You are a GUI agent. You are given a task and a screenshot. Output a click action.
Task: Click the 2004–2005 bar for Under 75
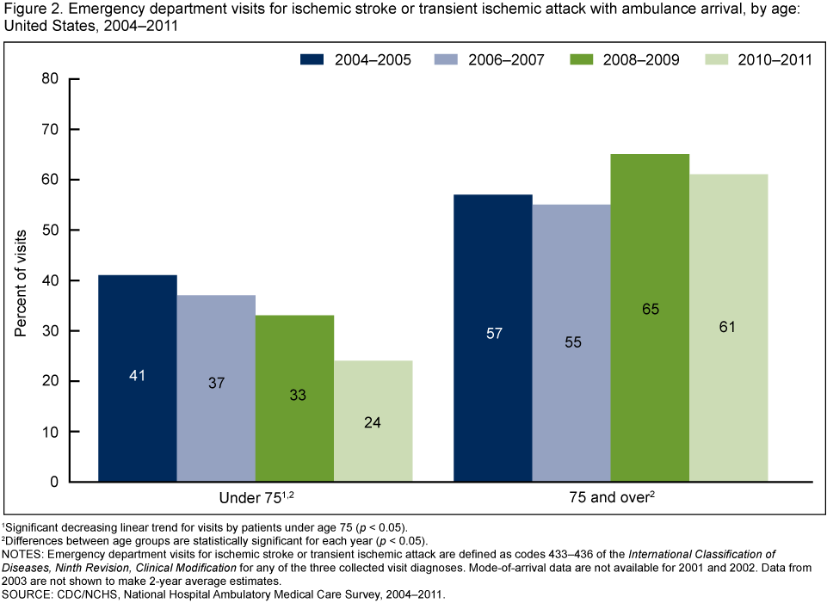tap(138, 378)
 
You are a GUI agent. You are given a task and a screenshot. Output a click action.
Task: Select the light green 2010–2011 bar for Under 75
tap(373, 421)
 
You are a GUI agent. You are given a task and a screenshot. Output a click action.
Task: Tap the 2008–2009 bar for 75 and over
tap(650, 318)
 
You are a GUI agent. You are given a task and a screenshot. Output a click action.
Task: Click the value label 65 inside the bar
tap(650, 309)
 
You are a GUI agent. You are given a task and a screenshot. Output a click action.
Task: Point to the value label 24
tap(373, 422)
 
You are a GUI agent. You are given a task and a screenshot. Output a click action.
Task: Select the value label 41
tap(138, 375)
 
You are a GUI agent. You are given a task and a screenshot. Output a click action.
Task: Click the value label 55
tap(571, 341)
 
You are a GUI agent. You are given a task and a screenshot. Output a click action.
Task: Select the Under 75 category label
tap(256, 500)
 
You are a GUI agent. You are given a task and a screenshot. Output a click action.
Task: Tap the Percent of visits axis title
tap(20, 280)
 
